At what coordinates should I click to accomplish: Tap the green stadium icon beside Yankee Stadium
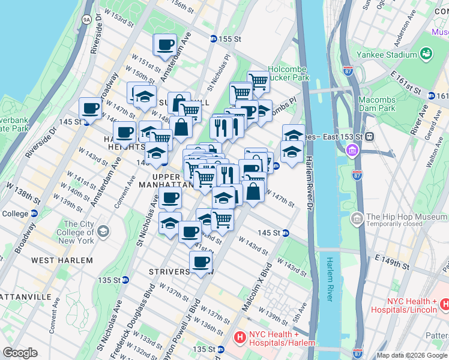tap(427, 54)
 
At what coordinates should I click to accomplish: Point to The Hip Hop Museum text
tap(401, 217)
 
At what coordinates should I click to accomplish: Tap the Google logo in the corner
tap(20, 353)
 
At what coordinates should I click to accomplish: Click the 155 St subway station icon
tap(213, 38)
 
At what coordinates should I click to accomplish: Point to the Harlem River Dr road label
tap(309, 180)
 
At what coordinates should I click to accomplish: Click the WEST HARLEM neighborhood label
tap(62, 260)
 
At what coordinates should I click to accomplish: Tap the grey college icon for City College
tap(103, 231)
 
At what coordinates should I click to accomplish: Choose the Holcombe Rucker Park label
tap(288, 73)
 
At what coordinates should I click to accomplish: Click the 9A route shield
tap(86, 19)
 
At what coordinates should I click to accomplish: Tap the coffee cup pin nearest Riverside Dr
tap(91, 109)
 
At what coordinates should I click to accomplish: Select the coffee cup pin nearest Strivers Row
tap(200, 262)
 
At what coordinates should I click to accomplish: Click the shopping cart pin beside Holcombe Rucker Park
tap(258, 80)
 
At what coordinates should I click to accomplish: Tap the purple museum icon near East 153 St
tap(352, 150)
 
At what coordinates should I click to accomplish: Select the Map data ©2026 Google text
tap(412, 355)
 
